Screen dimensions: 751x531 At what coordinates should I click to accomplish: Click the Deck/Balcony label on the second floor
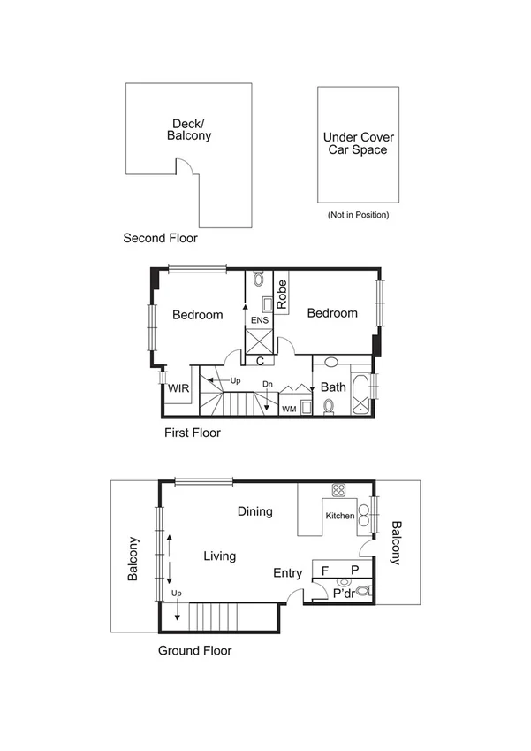click(x=189, y=130)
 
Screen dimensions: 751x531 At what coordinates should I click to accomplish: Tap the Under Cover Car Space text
click(x=359, y=143)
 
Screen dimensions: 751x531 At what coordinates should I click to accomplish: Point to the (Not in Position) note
click(x=358, y=215)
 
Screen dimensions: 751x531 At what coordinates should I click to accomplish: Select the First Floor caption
click(x=192, y=433)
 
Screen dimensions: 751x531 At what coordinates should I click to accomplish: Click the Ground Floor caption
click(x=194, y=651)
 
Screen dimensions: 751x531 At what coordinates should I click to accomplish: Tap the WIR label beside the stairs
click(x=178, y=387)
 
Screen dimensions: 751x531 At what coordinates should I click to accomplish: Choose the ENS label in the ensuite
click(x=259, y=320)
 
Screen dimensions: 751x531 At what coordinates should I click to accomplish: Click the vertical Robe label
click(x=282, y=294)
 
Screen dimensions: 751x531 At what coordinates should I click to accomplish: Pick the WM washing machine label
click(x=288, y=410)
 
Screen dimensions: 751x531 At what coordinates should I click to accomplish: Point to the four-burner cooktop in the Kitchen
click(x=338, y=490)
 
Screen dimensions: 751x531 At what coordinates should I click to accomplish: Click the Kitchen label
click(x=340, y=516)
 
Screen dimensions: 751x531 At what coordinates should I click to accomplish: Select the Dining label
click(x=254, y=511)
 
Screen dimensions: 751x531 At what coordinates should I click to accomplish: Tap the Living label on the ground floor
click(x=219, y=556)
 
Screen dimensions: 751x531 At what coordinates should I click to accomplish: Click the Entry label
click(x=287, y=574)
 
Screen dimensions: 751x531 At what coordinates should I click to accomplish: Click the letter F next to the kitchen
click(x=325, y=571)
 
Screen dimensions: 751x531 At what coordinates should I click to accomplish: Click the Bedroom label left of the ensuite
click(x=197, y=314)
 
